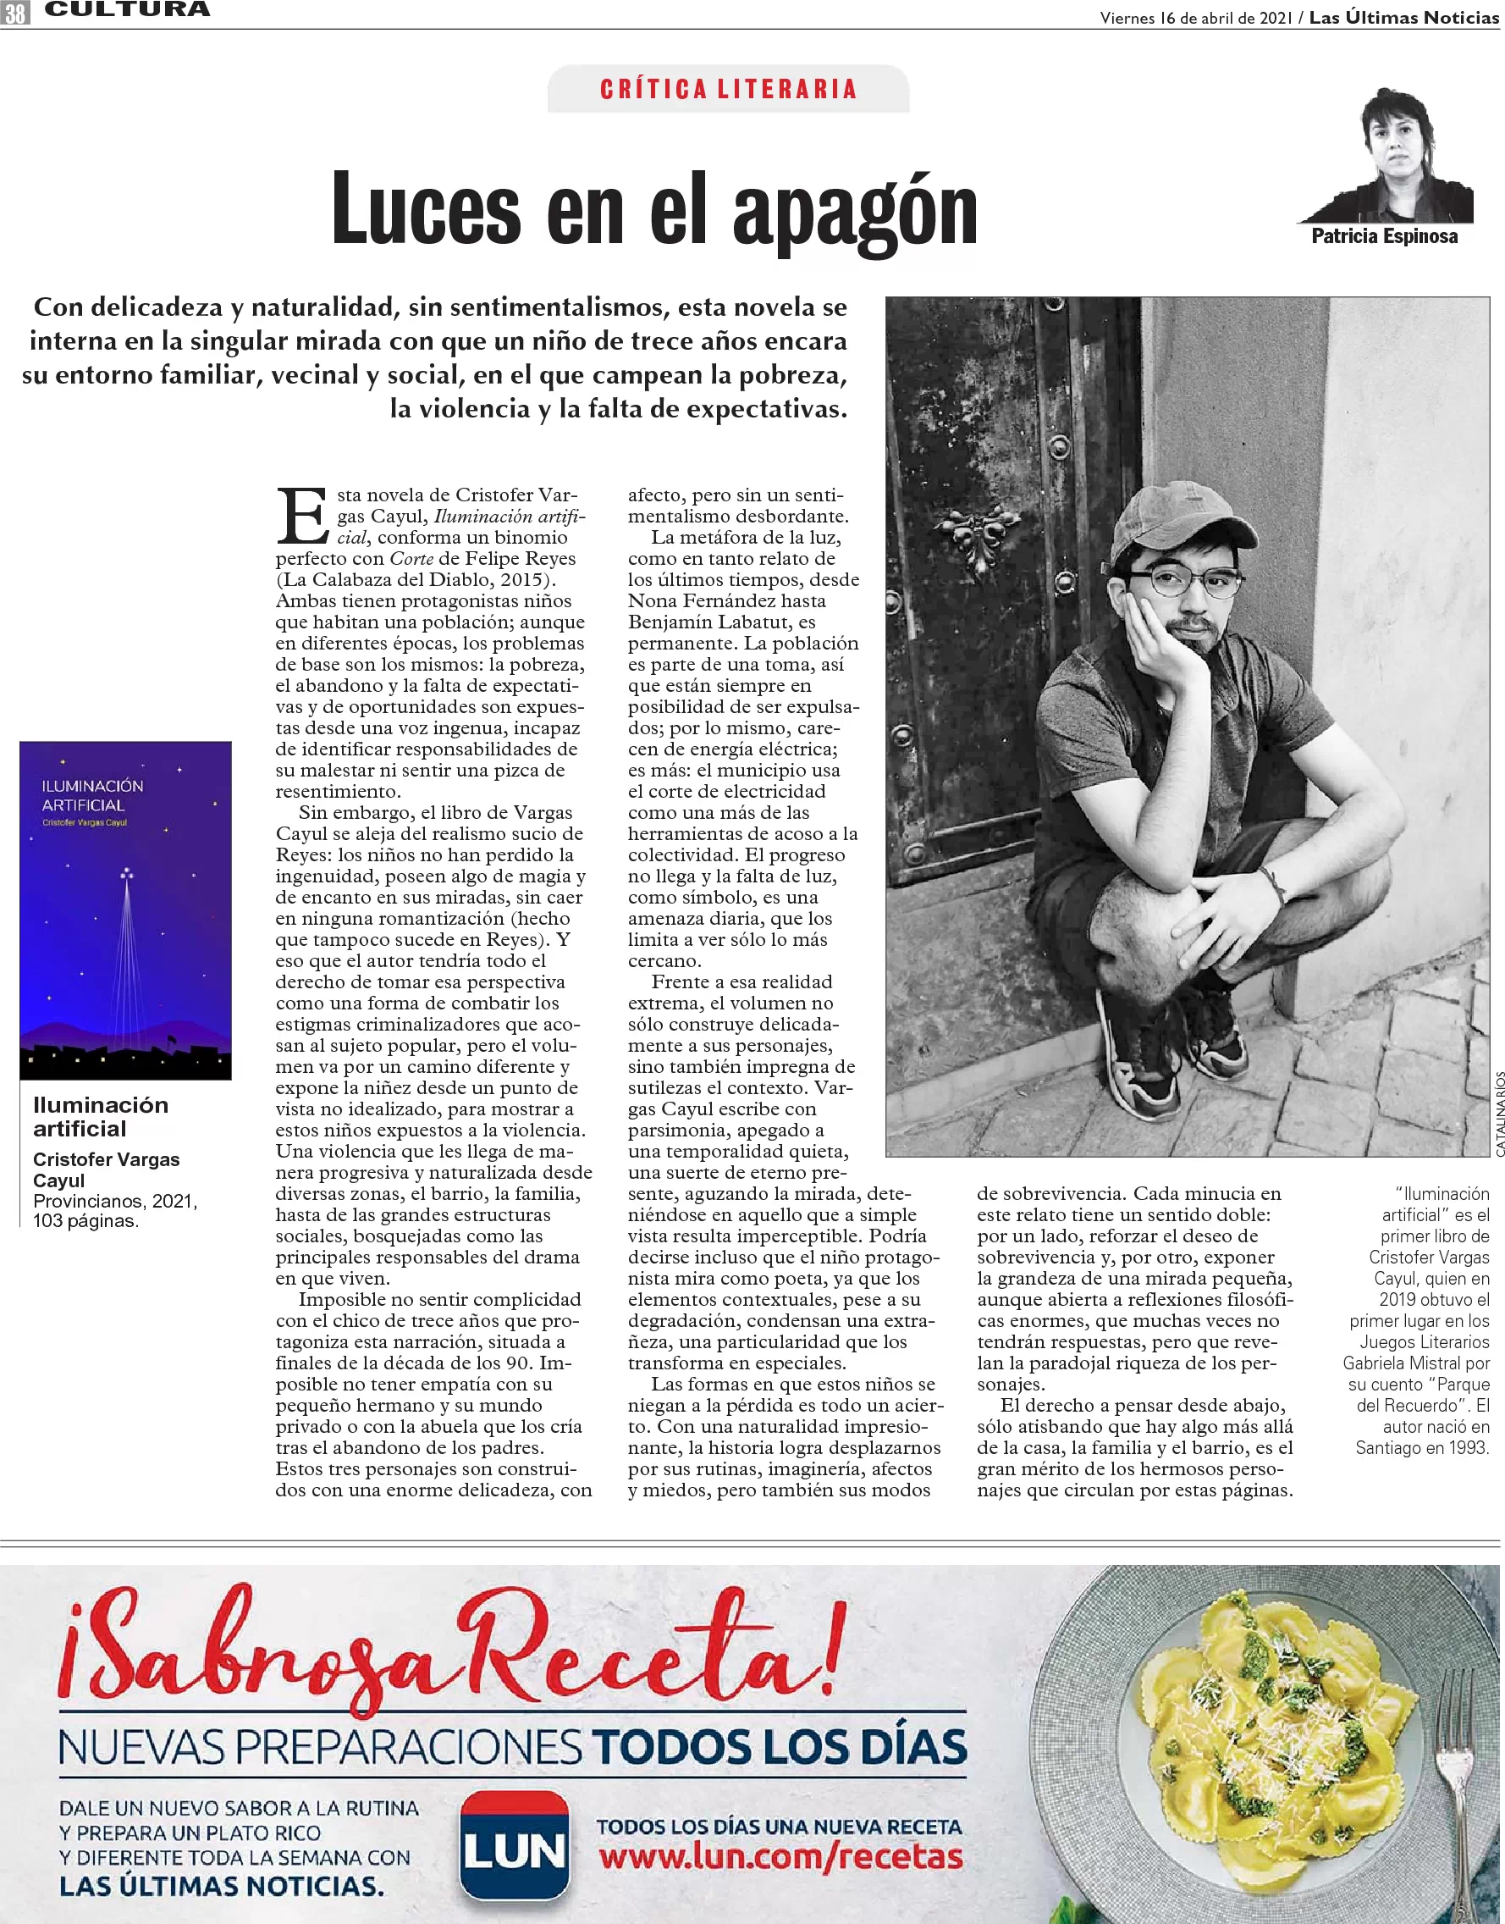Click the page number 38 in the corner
pyautogui.click(x=15, y=13)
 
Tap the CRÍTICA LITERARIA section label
pyautogui.click(x=728, y=89)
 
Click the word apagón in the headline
pyautogui.click(x=855, y=212)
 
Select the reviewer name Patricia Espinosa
pyautogui.click(x=1384, y=236)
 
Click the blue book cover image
pyautogui.click(x=126, y=909)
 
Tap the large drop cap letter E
pyautogui.click(x=302, y=516)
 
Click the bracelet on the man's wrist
pyautogui.click(x=1271, y=884)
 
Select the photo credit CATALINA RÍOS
pyautogui.click(x=1499, y=1114)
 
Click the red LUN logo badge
pyautogui.click(x=515, y=1847)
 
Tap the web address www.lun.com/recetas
pyautogui.click(x=780, y=1857)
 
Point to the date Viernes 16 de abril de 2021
pyautogui.click(x=1196, y=18)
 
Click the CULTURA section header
pyautogui.click(x=127, y=10)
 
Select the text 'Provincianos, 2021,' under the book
pyautogui.click(x=115, y=1202)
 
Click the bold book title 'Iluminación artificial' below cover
pyautogui.click(x=101, y=1117)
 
